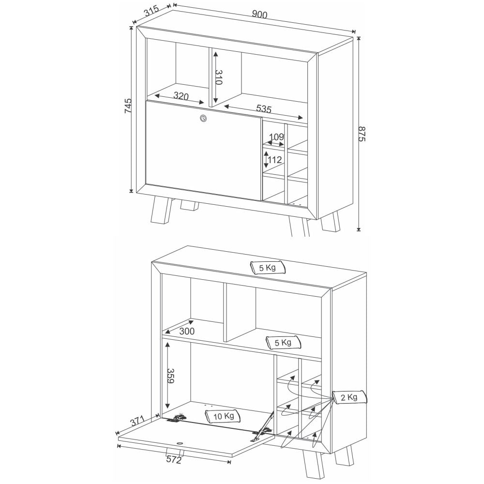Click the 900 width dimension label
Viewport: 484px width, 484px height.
tap(259, 14)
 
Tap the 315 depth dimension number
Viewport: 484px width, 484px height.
tap(151, 11)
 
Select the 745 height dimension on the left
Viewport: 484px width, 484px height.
tap(128, 106)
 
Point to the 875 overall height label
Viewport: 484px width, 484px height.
tap(362, 134)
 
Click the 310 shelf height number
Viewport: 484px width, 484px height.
tap(219, 77)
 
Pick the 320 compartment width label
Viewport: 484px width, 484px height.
tap(181, 96)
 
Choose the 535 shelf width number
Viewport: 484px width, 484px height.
tap(264, 108)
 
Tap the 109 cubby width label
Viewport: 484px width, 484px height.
tap(276, 137)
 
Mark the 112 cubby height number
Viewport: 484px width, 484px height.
tap(275, 160)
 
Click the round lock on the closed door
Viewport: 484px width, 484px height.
tap(203, 118)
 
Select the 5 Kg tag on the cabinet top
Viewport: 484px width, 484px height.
tap(267, 267)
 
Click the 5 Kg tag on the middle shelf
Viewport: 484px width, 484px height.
tap(283, 342)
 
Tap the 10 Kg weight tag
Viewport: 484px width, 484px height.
tap(223, 416)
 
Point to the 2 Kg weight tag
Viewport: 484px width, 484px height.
tap(349, 397)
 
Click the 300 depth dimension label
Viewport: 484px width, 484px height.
tap(187, 331)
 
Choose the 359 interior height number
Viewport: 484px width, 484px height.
tap(170, 376)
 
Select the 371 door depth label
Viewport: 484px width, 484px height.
tap(137, 421)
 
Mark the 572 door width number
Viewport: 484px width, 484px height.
tap(174, 460)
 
